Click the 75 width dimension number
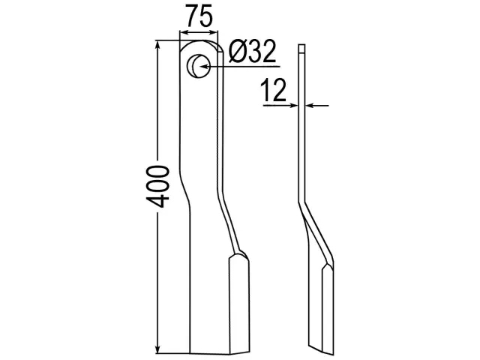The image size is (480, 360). click(199, 16)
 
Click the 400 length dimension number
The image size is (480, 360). click(157, 187)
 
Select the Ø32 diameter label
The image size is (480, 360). click(252, 52)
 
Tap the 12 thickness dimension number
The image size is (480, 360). click(273, 90)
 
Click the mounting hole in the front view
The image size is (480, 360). click(199, 66)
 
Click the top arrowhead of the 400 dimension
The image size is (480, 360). click(157, 45)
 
